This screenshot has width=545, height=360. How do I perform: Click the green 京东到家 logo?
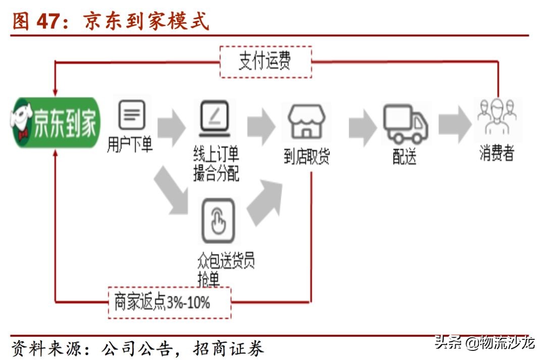click(x=55, y=122)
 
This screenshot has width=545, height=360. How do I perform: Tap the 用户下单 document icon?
click(x=132, y=115)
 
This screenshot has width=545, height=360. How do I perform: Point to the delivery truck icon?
click(x=405, y=124)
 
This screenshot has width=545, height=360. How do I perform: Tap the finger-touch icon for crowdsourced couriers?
click(x=218, y=221)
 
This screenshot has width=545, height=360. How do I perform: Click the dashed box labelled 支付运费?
click(x=265, y=62)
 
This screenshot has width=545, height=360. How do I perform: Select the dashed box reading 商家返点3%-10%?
click(x=170, y=302)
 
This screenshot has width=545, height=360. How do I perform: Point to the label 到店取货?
click(x=307, y=157)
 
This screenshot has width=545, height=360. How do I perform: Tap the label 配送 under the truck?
click(x=405, y=157)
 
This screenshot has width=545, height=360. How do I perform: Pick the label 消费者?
click(x=497, y=153)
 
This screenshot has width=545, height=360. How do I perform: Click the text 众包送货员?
click(x=226, y=261)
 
